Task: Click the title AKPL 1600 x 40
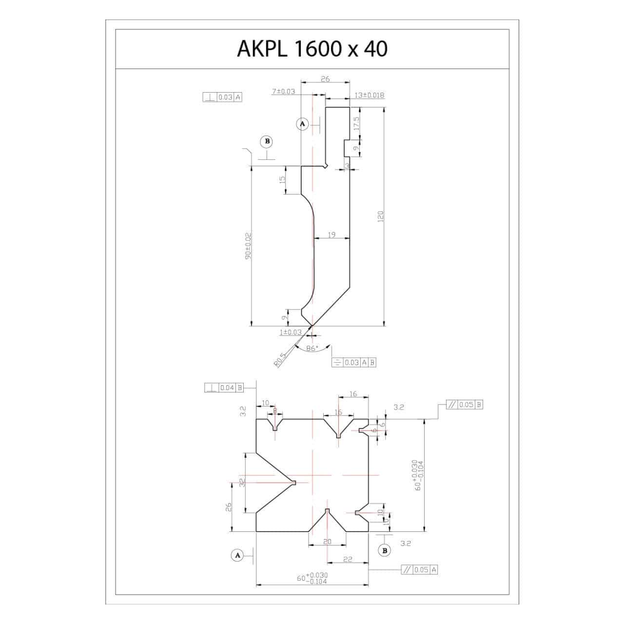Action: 312,49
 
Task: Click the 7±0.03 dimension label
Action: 283,91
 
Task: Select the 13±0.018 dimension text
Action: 369,95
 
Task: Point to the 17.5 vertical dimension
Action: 356,122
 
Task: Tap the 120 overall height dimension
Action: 381,217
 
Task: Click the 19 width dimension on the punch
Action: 331,235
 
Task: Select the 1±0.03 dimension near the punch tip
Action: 291,332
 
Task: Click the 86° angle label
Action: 312,348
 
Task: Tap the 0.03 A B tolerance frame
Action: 353,362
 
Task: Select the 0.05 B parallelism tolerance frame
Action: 464,405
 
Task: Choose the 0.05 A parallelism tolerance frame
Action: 419,569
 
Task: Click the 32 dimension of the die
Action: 242,482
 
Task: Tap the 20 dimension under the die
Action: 327,542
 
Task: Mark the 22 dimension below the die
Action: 348,559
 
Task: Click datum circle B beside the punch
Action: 266,141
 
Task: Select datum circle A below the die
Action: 238,555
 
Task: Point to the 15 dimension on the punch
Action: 282,179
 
